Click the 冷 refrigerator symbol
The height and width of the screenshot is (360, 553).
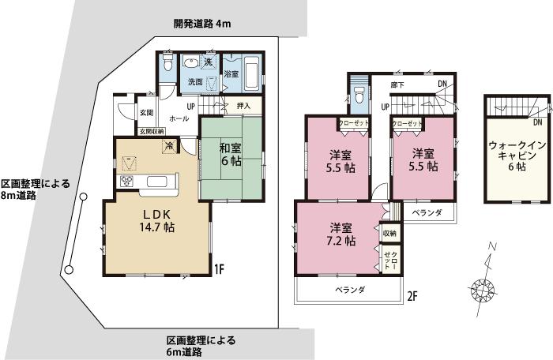coord(170,145)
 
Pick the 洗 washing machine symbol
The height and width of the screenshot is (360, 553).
coord(209,62)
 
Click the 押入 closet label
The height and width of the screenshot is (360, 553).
coord(243,107)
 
